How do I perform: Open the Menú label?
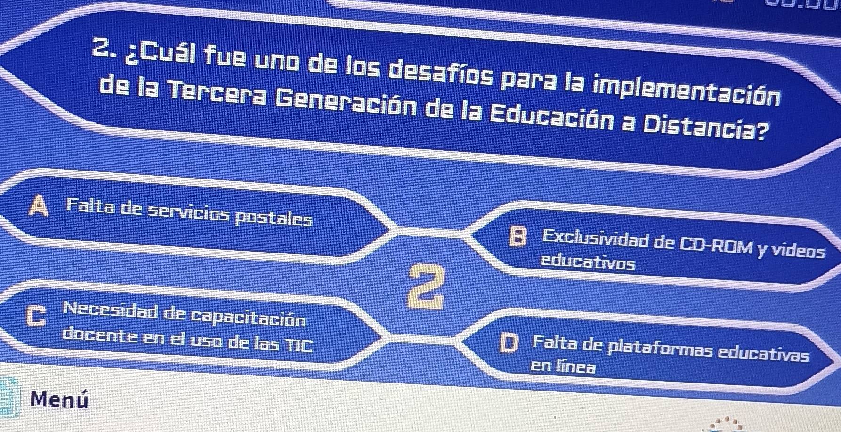coord(59,399)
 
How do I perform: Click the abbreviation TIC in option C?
coord(299,345)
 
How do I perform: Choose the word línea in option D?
coord(576,367)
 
